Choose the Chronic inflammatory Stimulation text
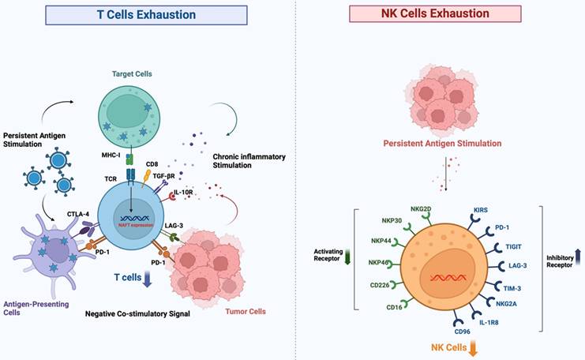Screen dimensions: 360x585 (249, 161)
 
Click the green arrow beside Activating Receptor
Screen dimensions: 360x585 (347, 257)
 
